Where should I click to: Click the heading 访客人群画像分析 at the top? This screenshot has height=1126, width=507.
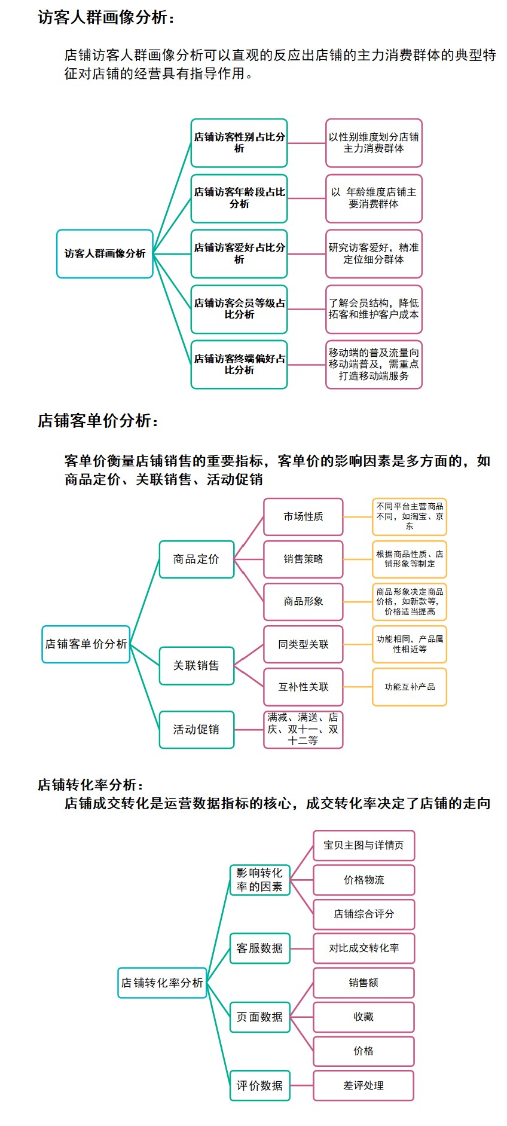point(106,17)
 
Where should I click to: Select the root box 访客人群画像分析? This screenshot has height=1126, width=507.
point(105,253)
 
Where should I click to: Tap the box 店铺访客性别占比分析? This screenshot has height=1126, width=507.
point(239,143)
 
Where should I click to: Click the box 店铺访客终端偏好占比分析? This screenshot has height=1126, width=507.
point(239,365)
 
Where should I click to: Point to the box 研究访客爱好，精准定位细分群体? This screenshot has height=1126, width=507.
point(374,253)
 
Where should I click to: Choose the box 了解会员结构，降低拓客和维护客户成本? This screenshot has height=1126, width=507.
point(374,309)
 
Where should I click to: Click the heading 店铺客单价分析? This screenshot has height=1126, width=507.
point(98,421)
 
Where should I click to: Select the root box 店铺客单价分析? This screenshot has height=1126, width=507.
point(86,644)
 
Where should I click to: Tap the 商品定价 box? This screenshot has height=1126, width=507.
point(197,559)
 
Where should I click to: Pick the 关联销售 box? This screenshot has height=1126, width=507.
point(197,666)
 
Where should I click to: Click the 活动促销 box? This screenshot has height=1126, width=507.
point(197,730)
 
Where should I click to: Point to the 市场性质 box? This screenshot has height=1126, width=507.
point(304,517)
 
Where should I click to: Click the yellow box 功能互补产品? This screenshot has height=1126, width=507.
point(410,687)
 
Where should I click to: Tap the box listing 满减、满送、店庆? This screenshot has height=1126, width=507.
point(304,730)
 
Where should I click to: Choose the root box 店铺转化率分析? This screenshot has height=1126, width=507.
point(162,983)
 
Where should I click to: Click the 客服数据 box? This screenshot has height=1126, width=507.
point(260,948)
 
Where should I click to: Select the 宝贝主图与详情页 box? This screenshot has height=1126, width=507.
point(364,846)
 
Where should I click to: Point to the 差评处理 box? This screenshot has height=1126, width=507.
point(364,1086)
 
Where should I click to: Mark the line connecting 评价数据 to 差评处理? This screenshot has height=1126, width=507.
point(302,1086)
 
